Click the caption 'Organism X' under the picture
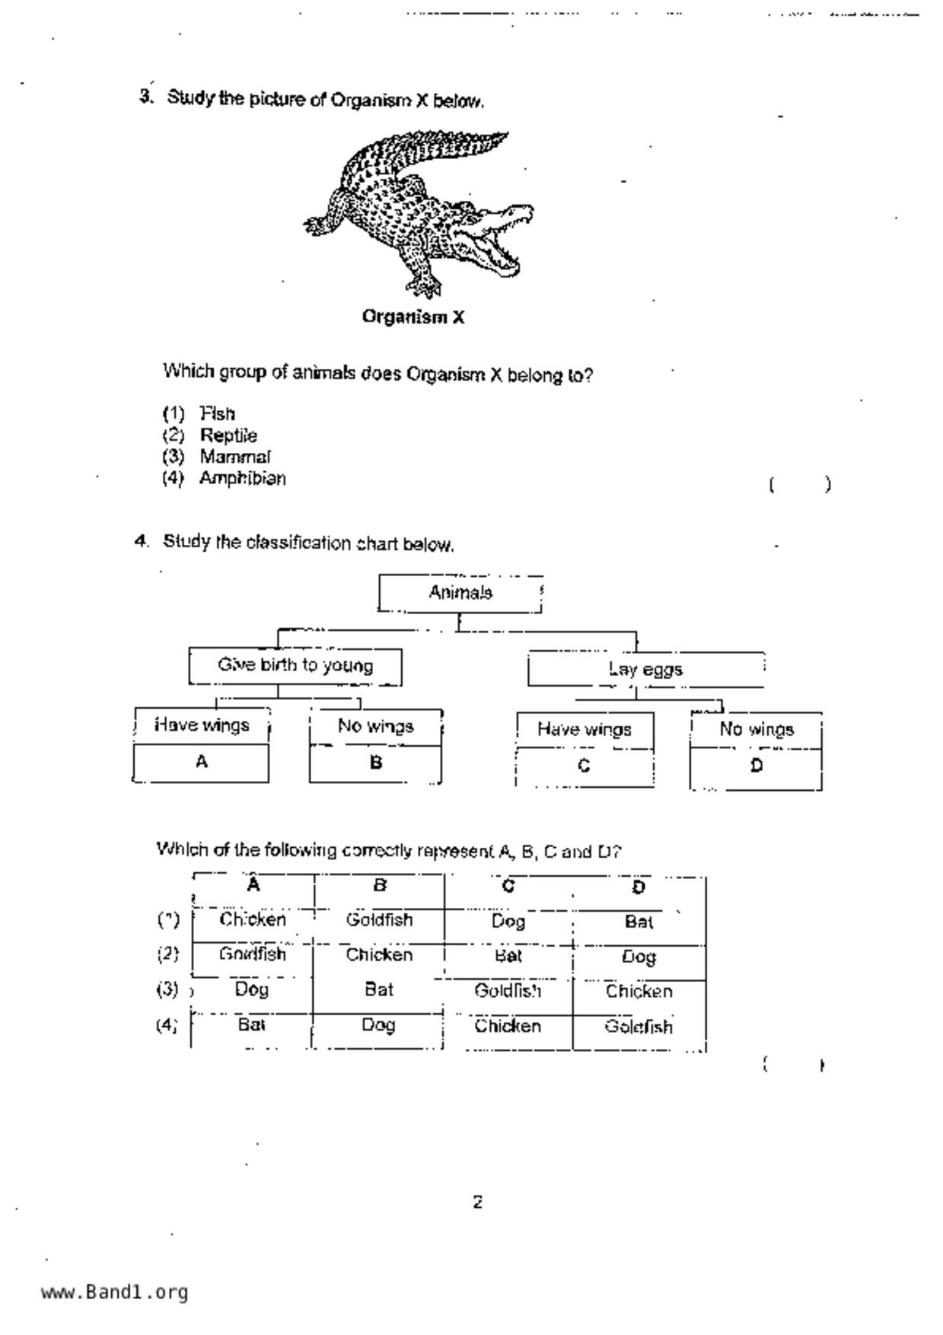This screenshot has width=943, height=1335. pos(413,317)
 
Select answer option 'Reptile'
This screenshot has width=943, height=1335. pos(228,435)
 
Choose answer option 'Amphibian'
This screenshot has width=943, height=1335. pos(242,479)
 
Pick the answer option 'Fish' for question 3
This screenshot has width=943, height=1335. pos(217,414)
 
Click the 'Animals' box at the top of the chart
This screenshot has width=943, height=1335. pos(460,593)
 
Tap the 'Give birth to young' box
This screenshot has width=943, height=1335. pos(295,666)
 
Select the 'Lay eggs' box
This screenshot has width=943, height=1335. pos(645,670)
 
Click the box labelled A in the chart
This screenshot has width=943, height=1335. pos(201,763)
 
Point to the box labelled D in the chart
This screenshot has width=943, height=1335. pos(756,767)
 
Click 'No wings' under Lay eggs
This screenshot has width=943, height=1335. pos(756,730)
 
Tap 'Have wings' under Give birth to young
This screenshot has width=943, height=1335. pos(202,725)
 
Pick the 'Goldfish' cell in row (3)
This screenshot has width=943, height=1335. pos(508,991)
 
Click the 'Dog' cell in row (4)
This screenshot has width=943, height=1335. pos(378,1025)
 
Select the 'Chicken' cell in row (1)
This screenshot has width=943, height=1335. pos(253,920)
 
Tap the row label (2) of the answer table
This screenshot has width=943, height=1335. pos(168,954)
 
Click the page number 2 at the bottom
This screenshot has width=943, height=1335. pos(477,1203)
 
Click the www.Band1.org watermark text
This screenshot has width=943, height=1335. pos(114,1292)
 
